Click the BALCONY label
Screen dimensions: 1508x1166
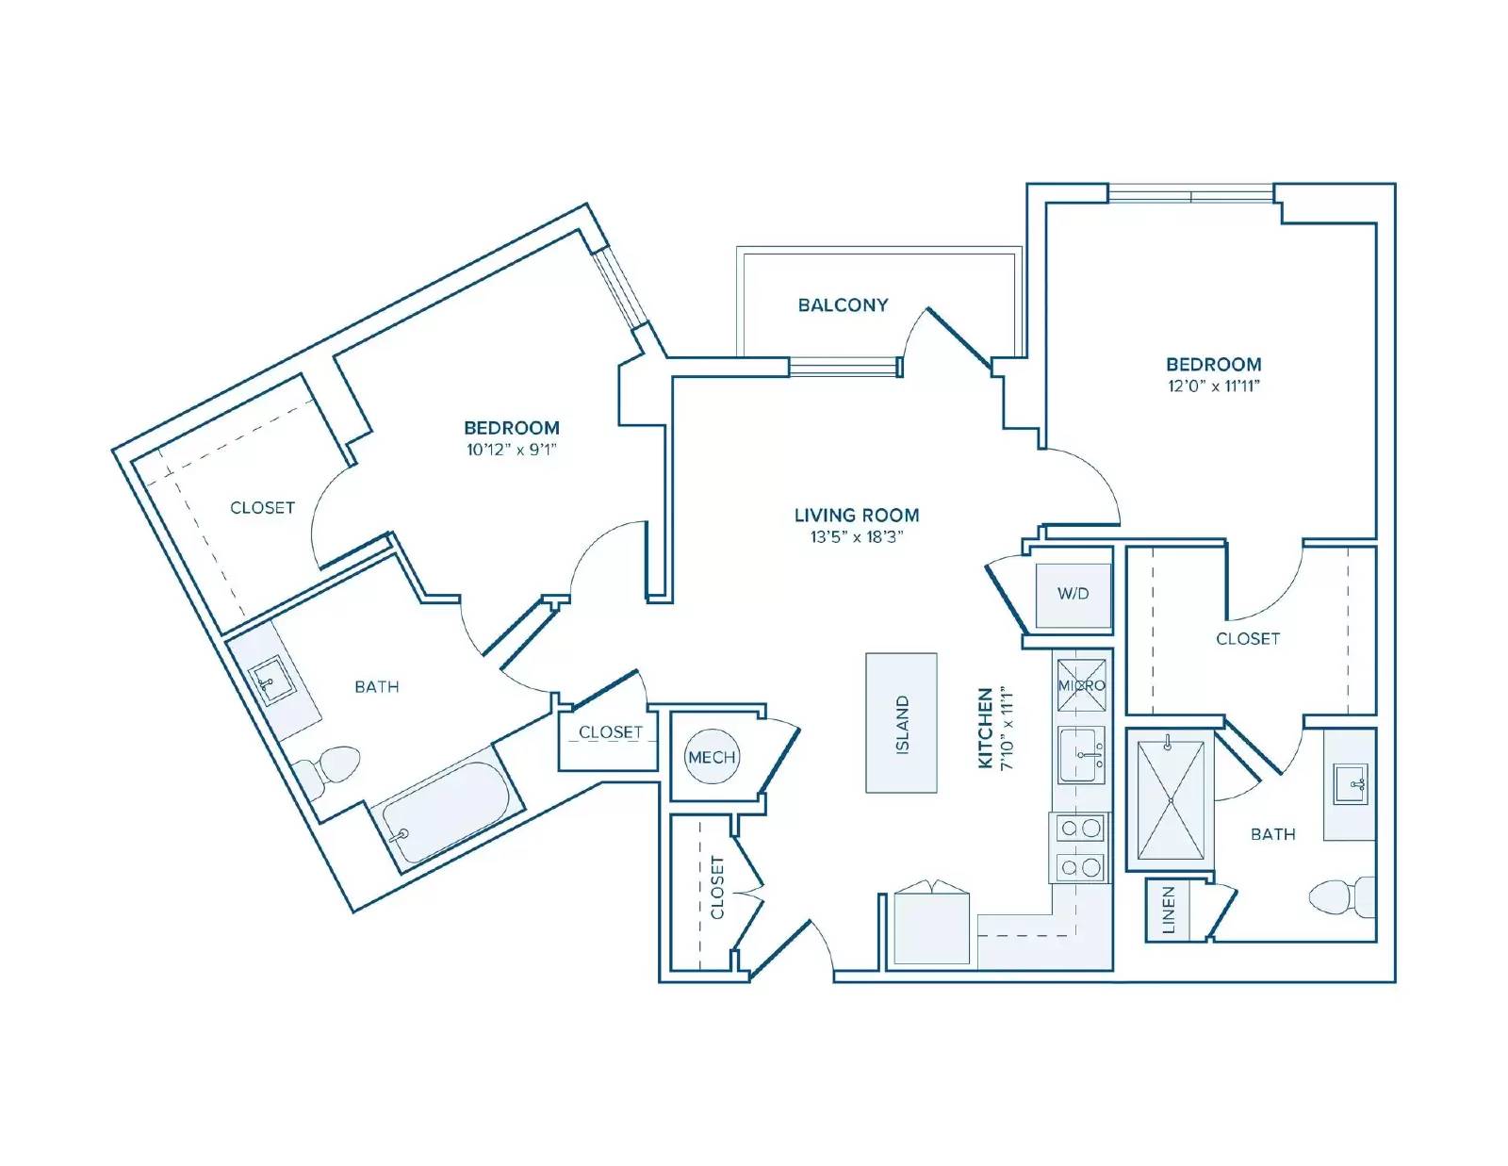(843, 305)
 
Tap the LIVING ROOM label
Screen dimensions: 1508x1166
(857, 515)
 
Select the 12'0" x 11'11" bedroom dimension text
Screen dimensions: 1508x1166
(1214, 386)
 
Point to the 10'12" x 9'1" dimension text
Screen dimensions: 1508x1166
(512, 450)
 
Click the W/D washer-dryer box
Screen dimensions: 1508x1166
(1074, 595)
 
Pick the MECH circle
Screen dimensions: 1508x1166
(712, 757)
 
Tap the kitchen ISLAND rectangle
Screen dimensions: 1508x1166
(901, 723)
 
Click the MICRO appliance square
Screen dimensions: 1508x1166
(1081, 685)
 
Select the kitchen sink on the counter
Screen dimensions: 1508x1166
(1081, 755)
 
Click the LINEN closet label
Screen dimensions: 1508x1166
(1169, 910)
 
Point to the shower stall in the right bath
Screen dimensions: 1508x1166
(1171, 801)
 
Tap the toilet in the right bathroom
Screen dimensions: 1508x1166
(1341, 896)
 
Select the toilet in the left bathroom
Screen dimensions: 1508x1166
(325, 770)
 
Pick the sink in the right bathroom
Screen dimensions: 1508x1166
(1351, 783)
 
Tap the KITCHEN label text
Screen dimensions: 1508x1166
(985, 728)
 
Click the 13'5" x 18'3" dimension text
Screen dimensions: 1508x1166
(857, 537)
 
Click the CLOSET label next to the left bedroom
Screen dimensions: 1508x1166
(262, 508)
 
